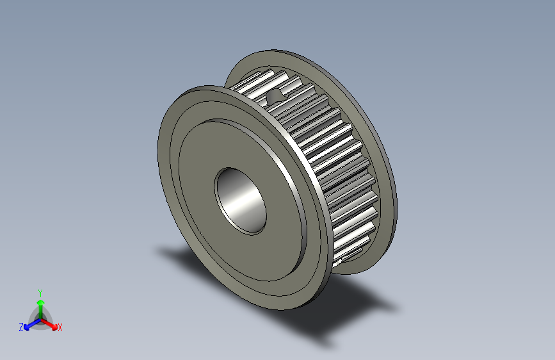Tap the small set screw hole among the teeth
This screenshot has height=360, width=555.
tap(276, 95)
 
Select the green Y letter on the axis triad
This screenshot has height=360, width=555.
tap(40, 291)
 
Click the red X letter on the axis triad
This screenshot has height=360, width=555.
tap(60, 327)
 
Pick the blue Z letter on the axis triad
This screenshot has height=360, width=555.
tap(21, 327)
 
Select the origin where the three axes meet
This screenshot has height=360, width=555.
tap(40, 318)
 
